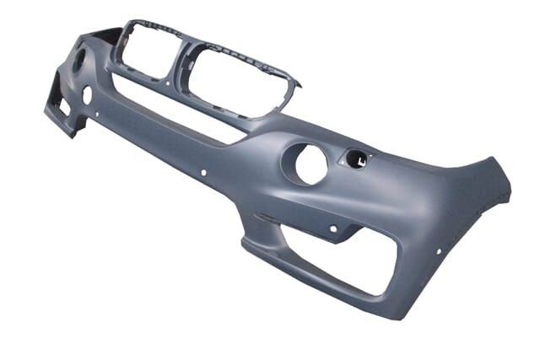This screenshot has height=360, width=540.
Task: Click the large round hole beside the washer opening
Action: tap(310, 164)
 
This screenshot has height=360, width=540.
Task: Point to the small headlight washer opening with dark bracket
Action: tap(357, 157)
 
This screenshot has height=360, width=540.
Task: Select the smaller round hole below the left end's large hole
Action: tap(87, 95)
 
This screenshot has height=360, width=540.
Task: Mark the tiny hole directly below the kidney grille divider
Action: tap(168, 84)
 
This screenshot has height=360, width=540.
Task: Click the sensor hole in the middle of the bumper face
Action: tap(203, 172)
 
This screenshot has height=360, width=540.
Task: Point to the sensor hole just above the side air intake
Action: tap(333, 228)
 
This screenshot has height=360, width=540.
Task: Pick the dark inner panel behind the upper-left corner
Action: tap(106, 35)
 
